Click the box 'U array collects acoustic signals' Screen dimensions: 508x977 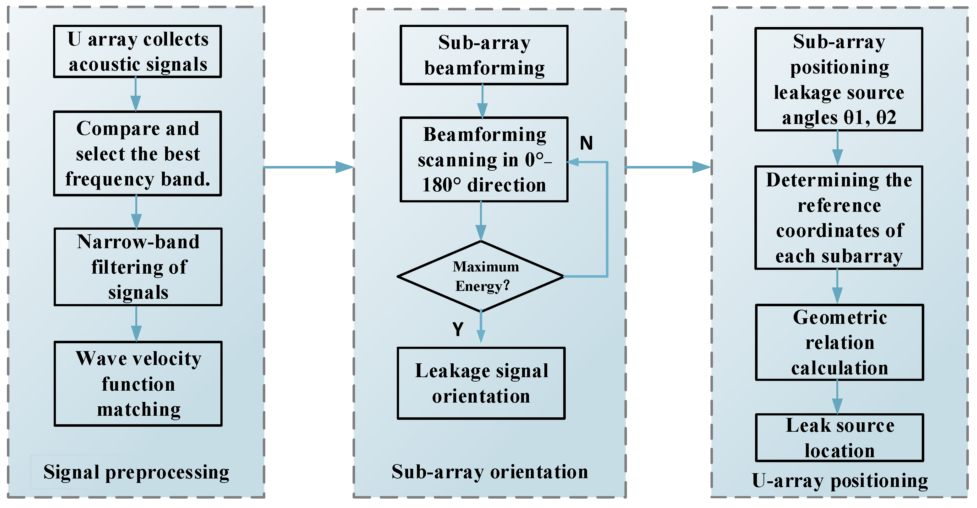coord(137,51)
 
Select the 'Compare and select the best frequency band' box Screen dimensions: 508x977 coord(137,153)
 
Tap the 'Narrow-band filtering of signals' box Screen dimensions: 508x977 coord(138,267)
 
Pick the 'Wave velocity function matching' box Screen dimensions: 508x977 coord(138,384)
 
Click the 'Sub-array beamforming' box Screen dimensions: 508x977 coord(484,55)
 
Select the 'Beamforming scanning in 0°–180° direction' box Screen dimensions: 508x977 coord(484,159)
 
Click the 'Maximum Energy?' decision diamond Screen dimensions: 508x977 coord(481,276)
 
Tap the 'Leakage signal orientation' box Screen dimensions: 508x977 coord(481,383)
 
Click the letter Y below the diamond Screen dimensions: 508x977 coord(458,329)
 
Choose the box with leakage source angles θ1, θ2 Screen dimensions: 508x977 coord(839,79)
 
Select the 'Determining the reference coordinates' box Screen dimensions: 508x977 coord(839,218)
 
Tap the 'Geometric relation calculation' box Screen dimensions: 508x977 coord(839,342)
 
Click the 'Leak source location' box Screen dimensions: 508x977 coord(839,438)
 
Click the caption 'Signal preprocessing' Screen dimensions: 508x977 coord(136,472)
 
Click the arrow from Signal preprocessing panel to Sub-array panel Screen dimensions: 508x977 coord(308,167)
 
